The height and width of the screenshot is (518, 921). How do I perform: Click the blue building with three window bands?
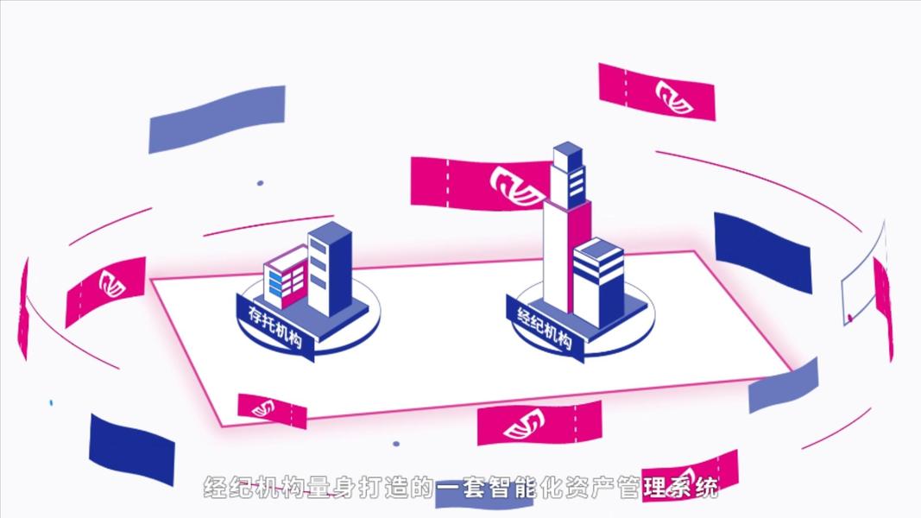coord(331,264)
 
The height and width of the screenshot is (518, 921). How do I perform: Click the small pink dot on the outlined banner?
coord(849,318)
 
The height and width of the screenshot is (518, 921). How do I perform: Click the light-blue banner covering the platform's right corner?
coord(782,383)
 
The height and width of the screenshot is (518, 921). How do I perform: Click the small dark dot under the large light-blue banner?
coord(260,183)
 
